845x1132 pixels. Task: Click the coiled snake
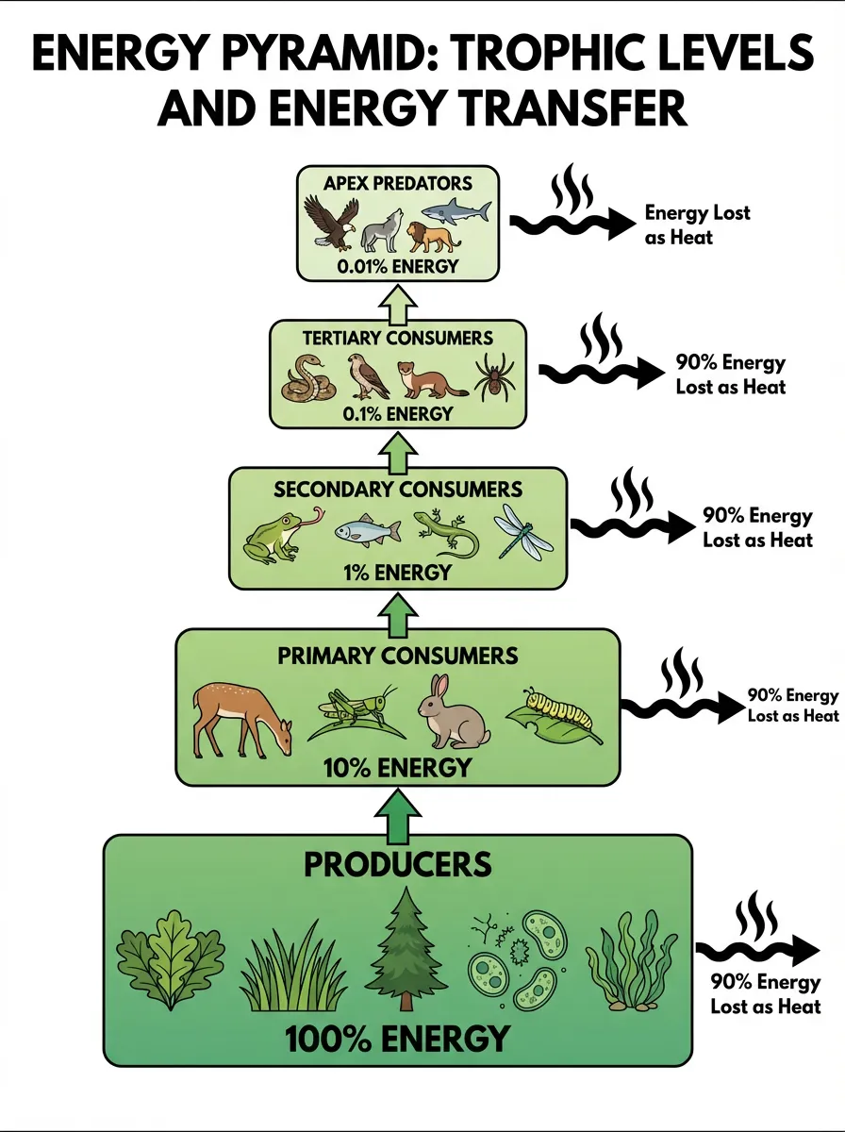tap(309, 377)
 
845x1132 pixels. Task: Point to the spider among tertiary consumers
tap(491, 377)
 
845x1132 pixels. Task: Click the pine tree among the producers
tap(408, 949)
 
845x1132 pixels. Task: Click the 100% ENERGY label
tap(396, 1039)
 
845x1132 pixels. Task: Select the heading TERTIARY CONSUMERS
tap(397, 337)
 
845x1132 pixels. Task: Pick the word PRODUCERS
tap(396, 863)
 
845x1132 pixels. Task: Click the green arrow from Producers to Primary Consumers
tap(397, 813)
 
